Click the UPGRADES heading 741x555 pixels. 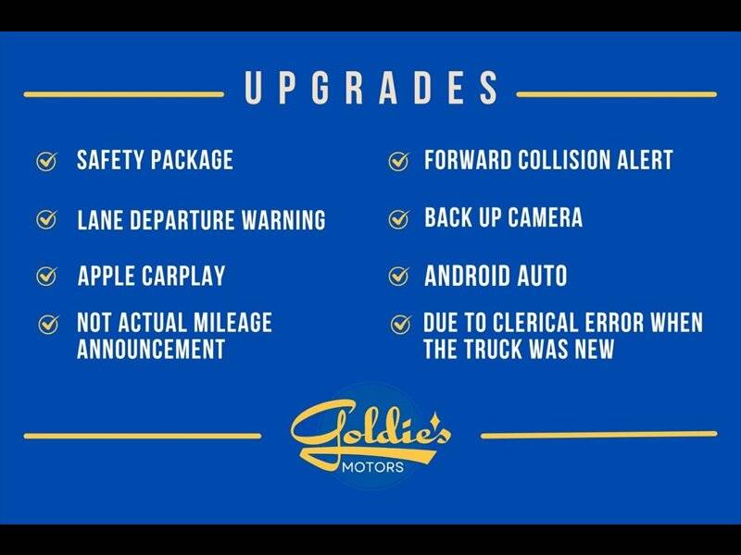coord(371,88)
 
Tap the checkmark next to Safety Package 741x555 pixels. coord(47,161)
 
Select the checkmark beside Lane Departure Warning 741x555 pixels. coord(47,219)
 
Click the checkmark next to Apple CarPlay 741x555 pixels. coord(47,276)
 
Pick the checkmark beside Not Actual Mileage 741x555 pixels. coord(48,325)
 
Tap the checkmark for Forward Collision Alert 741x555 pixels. coord(398,161)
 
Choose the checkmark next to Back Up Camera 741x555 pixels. coord(398,218)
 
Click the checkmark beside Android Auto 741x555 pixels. coord(398,276)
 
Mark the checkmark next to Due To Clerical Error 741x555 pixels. coord(400,325)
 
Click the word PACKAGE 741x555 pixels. coord(192,160)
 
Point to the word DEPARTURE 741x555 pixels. coord(182,220)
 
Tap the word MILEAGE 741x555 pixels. coord(232,323)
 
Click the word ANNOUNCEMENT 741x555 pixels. coord(151,350)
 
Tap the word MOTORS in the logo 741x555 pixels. coord(373,467)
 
